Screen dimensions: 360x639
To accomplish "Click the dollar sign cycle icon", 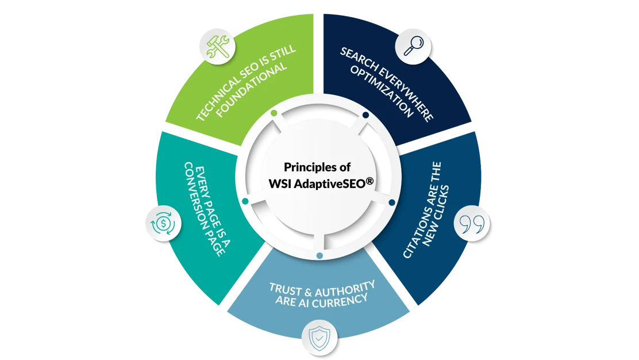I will (x=159, y=221).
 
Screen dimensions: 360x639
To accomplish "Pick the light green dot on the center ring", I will (x=274, y=113).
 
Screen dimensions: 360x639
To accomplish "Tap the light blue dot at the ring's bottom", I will (x=320, y=255).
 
